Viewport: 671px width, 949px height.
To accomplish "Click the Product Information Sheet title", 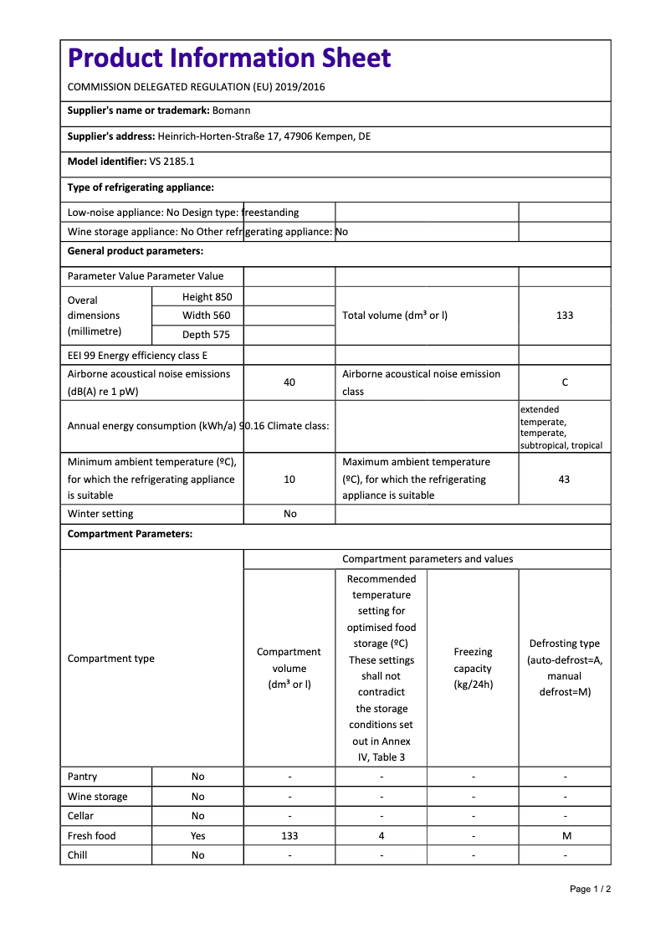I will (x=229, y=58).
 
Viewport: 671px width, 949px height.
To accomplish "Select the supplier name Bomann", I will (x=231, y=110).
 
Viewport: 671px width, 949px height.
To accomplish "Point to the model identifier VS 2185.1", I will (x=172, y=162).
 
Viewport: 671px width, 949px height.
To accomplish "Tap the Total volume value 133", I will (x=565, y=315).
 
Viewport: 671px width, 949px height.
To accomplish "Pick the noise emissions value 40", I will (x=289, y=382).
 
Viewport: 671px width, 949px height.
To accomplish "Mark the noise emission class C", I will (x=565, y=382).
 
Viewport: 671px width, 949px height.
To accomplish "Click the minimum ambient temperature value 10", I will (x=289, y=480).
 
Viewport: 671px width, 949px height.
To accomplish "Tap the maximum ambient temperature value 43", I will (x=565, y=480).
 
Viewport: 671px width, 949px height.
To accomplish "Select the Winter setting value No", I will (x=289, y=514).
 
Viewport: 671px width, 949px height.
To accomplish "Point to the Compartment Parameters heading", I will (x=130, y=534).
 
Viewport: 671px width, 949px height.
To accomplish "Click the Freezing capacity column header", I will (x=473, y=668).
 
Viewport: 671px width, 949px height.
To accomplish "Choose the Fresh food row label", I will (x=92, y=836).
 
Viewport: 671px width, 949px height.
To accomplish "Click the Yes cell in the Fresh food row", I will (x=197, y=836).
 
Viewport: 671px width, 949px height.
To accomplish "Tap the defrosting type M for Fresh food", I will (x=565, y=836).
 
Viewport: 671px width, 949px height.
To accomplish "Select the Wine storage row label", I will (x=98, y=797).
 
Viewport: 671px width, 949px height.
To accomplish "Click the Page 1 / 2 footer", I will (x=590, y=889).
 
